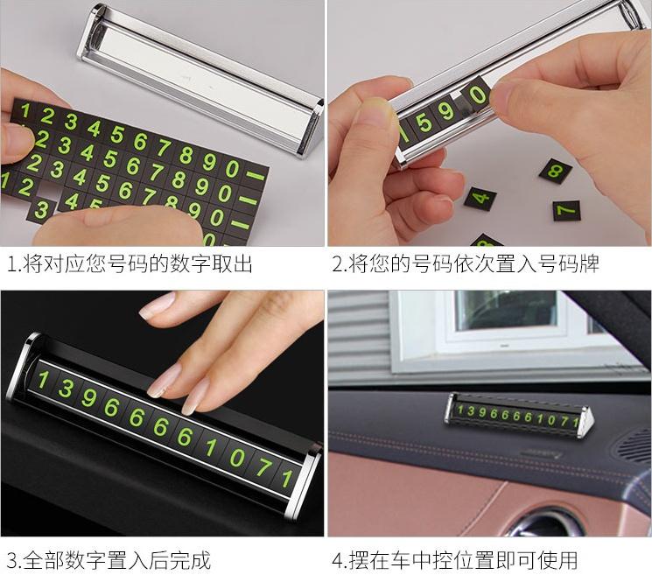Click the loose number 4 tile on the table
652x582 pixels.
tap(480, 199)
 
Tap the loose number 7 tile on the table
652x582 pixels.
tap(566, 210)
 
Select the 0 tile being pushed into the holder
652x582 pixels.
tap(477, 97)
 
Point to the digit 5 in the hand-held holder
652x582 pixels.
tap(424, 123)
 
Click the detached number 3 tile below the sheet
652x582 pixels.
tap(41, 211)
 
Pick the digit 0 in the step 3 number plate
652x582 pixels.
tap(237, 457)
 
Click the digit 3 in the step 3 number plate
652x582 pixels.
tap(66, 389)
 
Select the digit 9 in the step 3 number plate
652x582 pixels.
tap(88, 397)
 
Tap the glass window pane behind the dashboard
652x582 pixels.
tap(505, 311)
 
